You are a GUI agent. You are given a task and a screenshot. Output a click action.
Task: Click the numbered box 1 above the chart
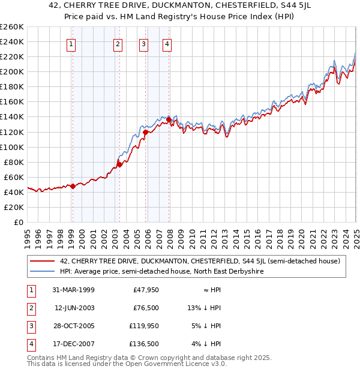(71, 43)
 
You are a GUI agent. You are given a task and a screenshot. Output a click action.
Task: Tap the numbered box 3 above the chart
(144, 43)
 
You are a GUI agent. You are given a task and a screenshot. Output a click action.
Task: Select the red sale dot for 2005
(146, 131)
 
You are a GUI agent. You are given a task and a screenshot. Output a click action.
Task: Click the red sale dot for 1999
(73, 186)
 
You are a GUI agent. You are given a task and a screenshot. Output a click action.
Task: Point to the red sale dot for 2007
(169, 119)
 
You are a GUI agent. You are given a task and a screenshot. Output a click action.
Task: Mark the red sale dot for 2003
(119, 164)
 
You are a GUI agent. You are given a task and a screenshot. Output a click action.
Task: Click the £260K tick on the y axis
(11, 27)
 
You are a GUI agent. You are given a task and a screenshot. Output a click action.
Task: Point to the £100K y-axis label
(11, 147)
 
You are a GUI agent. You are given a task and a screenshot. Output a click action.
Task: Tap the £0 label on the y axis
(18, 222)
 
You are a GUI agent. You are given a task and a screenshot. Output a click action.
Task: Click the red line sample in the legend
(43, 261)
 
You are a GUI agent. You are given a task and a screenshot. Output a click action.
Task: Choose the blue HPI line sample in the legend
(43, 271)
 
